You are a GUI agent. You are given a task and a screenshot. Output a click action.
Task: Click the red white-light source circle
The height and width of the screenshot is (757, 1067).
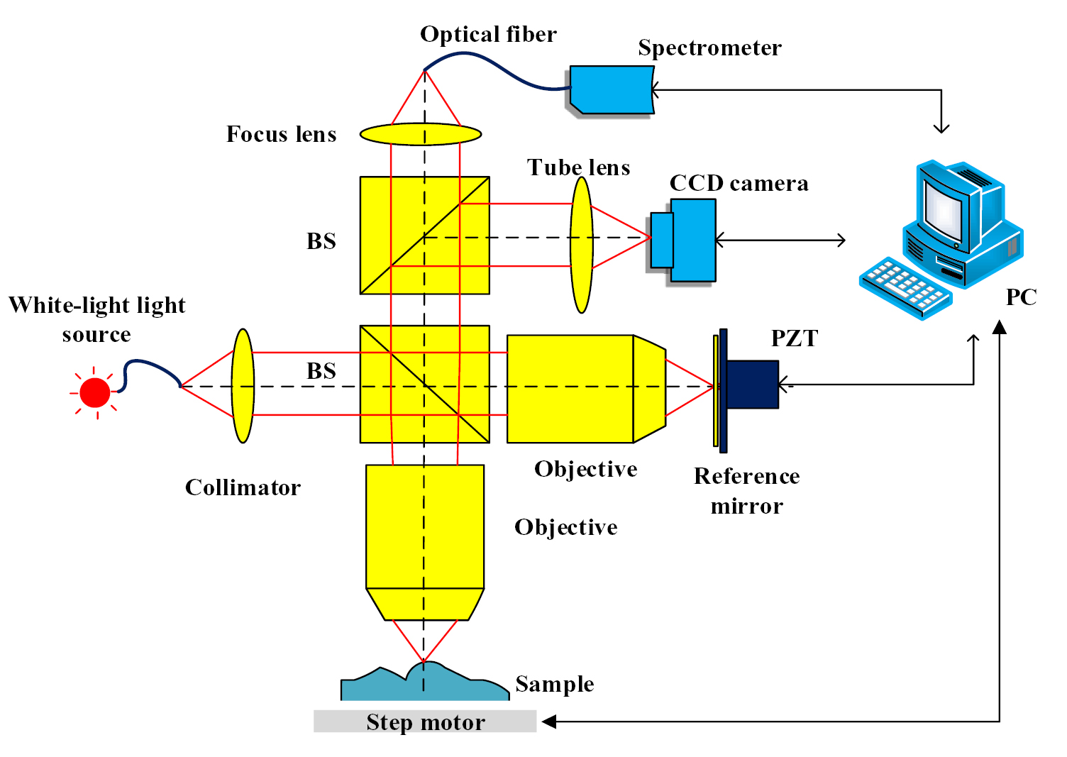[x=95, y=392]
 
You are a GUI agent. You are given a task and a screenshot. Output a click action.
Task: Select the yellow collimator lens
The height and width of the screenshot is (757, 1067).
[x=243, y=386]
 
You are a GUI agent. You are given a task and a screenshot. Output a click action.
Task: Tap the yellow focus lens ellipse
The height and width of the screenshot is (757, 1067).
[x=421, y=133]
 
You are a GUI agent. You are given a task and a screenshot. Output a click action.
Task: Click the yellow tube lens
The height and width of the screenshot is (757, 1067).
[x=581, y=245]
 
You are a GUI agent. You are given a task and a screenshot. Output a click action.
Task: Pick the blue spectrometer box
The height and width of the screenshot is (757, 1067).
[x=612, y=89]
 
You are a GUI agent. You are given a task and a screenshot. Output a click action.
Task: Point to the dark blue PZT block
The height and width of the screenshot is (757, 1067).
[x=752, y=385]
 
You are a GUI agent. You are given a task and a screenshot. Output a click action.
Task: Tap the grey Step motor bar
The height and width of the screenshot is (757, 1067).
[x=425, y=722]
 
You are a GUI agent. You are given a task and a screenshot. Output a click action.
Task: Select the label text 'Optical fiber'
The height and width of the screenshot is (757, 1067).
[x=488, y=34]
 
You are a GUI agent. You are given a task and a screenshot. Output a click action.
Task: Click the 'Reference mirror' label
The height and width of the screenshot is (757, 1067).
[x=746, y=490]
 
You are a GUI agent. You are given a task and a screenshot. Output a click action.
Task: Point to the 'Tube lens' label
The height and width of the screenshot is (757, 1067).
[x=578, y=167]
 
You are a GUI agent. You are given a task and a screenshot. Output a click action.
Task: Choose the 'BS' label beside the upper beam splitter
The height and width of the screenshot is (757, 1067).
[x=321, y=241]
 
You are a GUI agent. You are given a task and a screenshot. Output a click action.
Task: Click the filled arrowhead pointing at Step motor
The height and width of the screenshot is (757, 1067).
[x=549, y=722]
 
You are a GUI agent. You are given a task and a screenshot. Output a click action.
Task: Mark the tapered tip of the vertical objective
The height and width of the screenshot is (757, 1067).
[x=425, y=604]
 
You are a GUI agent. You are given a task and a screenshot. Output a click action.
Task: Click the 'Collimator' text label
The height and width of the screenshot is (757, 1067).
[x=243, y=487]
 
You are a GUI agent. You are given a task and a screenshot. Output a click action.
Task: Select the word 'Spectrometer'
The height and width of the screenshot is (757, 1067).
[x=709, y=48]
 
